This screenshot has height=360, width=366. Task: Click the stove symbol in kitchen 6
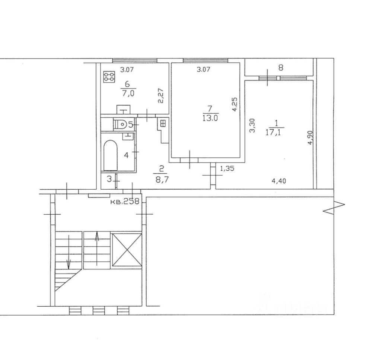click(109, 77)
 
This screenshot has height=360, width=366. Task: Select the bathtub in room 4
click(111, 155)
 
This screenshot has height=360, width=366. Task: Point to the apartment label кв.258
click(125, 201)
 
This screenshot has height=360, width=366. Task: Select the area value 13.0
click(210, 118)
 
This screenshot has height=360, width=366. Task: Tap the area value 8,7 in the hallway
click(162, 180)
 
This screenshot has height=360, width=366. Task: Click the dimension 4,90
click(310, 138)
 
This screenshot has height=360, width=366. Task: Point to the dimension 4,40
click(279, 181)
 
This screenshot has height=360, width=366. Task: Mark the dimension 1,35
click(227, 168)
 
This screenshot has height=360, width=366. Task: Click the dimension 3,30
click(252, 126)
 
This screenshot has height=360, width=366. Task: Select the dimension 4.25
click(235, 105)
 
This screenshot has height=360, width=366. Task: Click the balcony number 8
click(281, 68)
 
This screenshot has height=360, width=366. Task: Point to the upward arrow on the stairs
click(97, 248)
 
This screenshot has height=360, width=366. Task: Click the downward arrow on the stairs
click(69, 252)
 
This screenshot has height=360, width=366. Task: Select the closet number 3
click(109, 180)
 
